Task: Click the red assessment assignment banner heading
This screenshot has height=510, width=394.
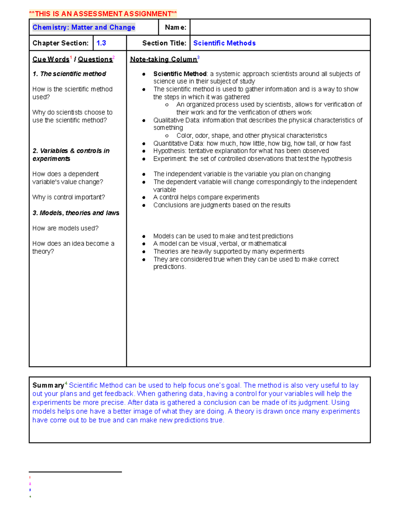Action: pos(103,14)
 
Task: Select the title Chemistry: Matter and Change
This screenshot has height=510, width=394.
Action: pos(84,27)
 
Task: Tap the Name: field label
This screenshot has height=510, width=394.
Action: pos(175,27)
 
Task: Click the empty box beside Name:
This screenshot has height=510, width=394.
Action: pos(280,27)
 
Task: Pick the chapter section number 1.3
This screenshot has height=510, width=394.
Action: pos(101,43)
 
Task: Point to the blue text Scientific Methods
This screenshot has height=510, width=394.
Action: pos(224,43)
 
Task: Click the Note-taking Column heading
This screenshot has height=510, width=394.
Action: pos(163,59)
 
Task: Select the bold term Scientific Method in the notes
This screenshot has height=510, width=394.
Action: pos(180,74)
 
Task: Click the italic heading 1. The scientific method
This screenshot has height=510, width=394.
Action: pos(69,74)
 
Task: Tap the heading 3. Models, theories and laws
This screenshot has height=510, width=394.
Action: pos(76,213)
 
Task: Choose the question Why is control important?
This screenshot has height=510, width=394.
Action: pos(69,197)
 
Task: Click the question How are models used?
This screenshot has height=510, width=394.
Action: pos(65,228)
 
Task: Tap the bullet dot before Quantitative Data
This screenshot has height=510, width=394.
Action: pos(144,144)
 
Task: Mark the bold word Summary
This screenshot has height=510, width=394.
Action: pos(48,386)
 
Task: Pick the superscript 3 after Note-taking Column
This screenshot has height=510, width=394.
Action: pos(198,57)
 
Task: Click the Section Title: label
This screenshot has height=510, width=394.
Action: pos(164,43)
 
